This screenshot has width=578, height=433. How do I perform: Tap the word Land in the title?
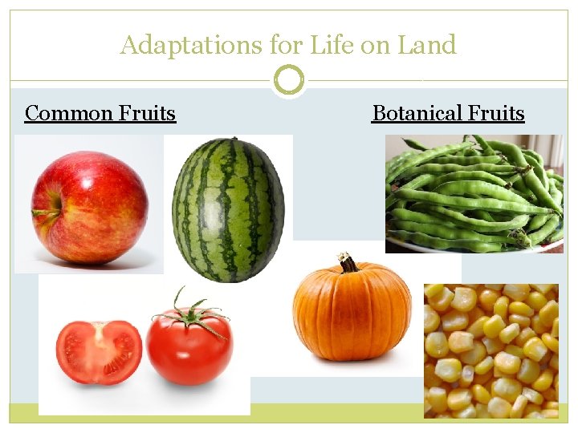click(x=428, y=46)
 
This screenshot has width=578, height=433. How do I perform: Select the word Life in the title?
click(x=336, y=46)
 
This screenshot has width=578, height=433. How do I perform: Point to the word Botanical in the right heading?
click(x=417, y=113)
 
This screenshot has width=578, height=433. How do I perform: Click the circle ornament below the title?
click(x=289, y=80)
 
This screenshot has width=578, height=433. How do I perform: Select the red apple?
click(x=89, y=208)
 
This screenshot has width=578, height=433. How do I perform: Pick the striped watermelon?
click(x=228, y=210)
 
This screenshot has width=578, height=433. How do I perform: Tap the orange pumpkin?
click(x=352, y=310)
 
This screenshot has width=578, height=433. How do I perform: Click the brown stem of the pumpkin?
click(x=348, y=263)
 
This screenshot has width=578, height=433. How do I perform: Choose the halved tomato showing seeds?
click(x=99, y=352)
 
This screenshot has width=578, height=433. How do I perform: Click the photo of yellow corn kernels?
click(x=490, y=350)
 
